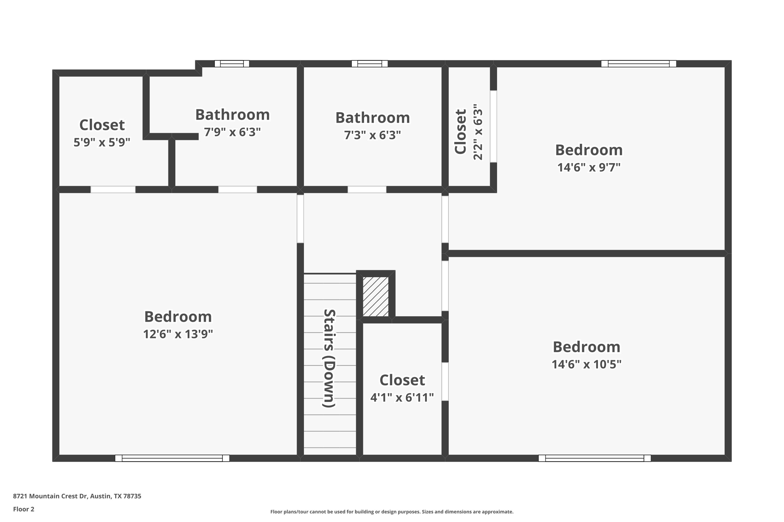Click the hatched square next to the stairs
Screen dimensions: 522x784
pyautogui.click(x=376, y=297)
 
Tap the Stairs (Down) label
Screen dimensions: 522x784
pyautogui.click(x=329, y=358)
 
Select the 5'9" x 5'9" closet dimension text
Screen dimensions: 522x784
pyautogui.click(x=102, y=142)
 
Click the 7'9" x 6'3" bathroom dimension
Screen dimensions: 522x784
pyautogui.click(x=232, y=132)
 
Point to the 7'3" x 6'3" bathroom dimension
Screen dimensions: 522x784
pyautogui.click(x=372, y=135)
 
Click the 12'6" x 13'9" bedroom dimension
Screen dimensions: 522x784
pyautogui.click(x=178, y=334)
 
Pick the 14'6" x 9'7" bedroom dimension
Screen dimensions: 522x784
pyautogui.click(x=588, y=167)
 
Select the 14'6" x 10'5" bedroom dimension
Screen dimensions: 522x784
pyautogui.click(x=586, y=364)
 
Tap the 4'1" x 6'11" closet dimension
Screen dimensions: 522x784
pyautogui.click(x=402, y=398)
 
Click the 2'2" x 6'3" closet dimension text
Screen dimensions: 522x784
pyautogui.click(x=478, y=132)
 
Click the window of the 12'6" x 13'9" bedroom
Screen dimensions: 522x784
pyautogui.click(x=172, y=458)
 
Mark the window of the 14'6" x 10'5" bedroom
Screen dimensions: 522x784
pyautogui.click(x=595, y=458)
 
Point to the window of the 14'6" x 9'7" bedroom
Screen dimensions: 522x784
pyautogui.click(x=639, y=64)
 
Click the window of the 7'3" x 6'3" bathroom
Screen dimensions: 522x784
pyautogui.click(x=369, y=64)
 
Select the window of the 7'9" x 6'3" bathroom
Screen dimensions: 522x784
pyautogui.click(x=232, y=64)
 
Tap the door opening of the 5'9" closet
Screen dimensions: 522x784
pyautogui.click(x=113, y=189)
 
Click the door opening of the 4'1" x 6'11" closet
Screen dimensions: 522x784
pyautogui.click(x=445, y=381)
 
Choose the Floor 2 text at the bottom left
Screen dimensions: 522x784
pyautogui.click(x=24, y=509)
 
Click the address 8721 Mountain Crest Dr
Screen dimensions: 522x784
pyautogui.click(x=77, y=496)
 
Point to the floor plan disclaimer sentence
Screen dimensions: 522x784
pyautogui.click(x=392, y=512)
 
